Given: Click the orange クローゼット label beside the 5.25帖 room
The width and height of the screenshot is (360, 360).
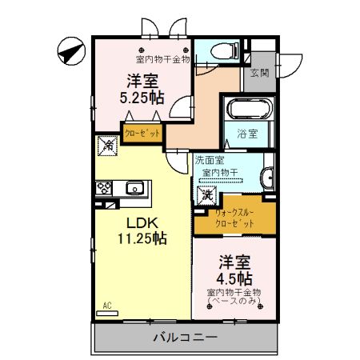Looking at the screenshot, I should point(142,131).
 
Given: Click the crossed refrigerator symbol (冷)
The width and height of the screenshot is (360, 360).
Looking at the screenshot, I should point(106,146).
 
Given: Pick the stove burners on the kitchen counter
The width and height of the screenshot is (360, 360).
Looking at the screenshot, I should point(104,189).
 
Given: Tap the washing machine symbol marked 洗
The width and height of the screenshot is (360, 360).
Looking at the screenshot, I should point(206,194).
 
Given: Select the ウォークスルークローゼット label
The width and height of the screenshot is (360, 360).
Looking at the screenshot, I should point(234,217).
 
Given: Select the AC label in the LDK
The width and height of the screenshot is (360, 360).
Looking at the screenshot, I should point(106,305).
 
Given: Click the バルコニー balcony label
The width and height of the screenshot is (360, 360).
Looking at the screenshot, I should point(186,338).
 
